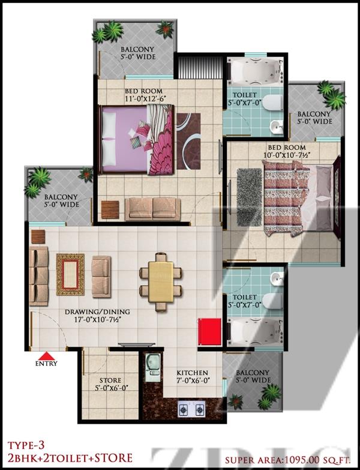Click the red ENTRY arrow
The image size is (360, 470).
[x=47, y=356]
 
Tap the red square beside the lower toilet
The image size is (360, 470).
[x=209, y=332]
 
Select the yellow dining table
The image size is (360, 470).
[x=161, y=282]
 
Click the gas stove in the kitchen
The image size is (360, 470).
[x=191, y=408]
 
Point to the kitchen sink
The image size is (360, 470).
[x=153, y=367]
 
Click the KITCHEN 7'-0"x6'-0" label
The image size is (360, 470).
[x=192, y=377]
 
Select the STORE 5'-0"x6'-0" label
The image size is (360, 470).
[x=110, y=384]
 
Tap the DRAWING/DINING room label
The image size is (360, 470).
[x=98, y=316]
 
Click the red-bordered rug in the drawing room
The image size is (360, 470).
[x=70, y=274]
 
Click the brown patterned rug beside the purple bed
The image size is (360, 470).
[x=188, y=141]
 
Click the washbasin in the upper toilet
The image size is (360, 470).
[x=276, y=127]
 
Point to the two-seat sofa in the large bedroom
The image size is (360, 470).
[x=153, y=208]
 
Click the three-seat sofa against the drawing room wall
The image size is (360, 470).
[x=38, y=276]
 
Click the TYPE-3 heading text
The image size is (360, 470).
[x=26, y=446]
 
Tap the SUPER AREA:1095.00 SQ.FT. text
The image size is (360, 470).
[x=288, y=460]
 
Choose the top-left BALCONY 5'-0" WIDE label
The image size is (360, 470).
[x=138, y=53]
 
